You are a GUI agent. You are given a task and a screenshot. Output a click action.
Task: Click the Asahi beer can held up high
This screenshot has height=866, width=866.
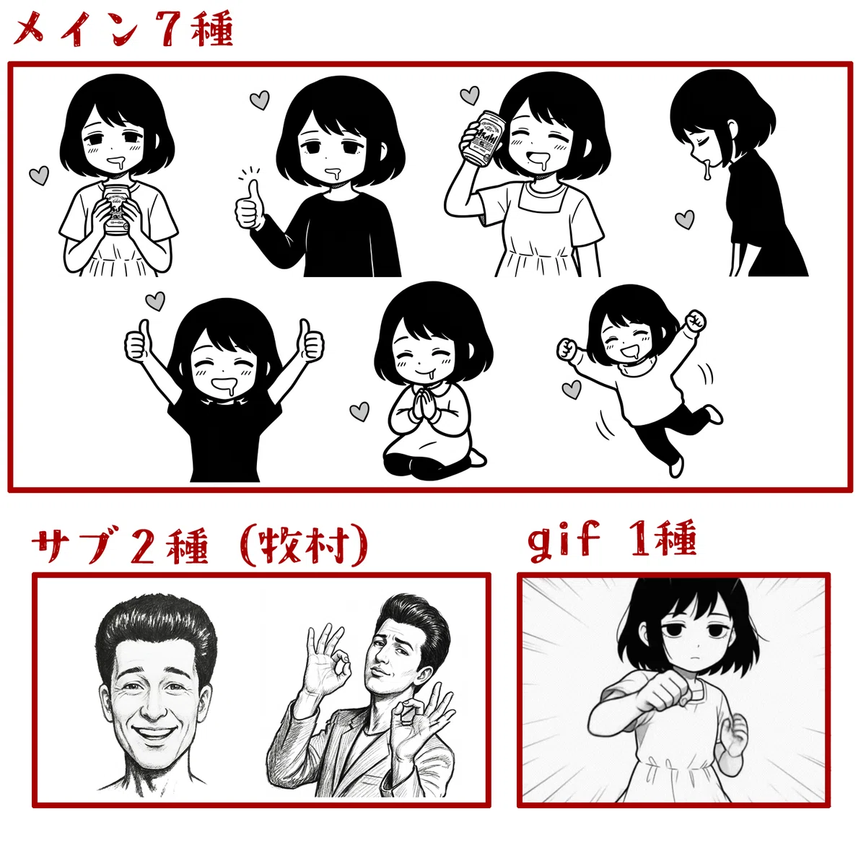click(x=483, y=137)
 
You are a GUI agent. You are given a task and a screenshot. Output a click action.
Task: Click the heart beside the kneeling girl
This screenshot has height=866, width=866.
click(x=359, y=411)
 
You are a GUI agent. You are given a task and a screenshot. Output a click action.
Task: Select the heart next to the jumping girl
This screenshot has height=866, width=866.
click(x=572, y=389)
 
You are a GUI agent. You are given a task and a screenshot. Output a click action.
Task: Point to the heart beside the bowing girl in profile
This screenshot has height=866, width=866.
click(x=684, y=220)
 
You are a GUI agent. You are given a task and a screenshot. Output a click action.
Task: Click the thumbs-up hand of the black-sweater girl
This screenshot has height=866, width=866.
click(x=250, y=205)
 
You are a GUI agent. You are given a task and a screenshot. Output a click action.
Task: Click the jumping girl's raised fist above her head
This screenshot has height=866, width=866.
click(x=695, y=320)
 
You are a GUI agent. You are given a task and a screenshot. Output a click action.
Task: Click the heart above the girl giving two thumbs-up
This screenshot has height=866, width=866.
click(x=155, y=301)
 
